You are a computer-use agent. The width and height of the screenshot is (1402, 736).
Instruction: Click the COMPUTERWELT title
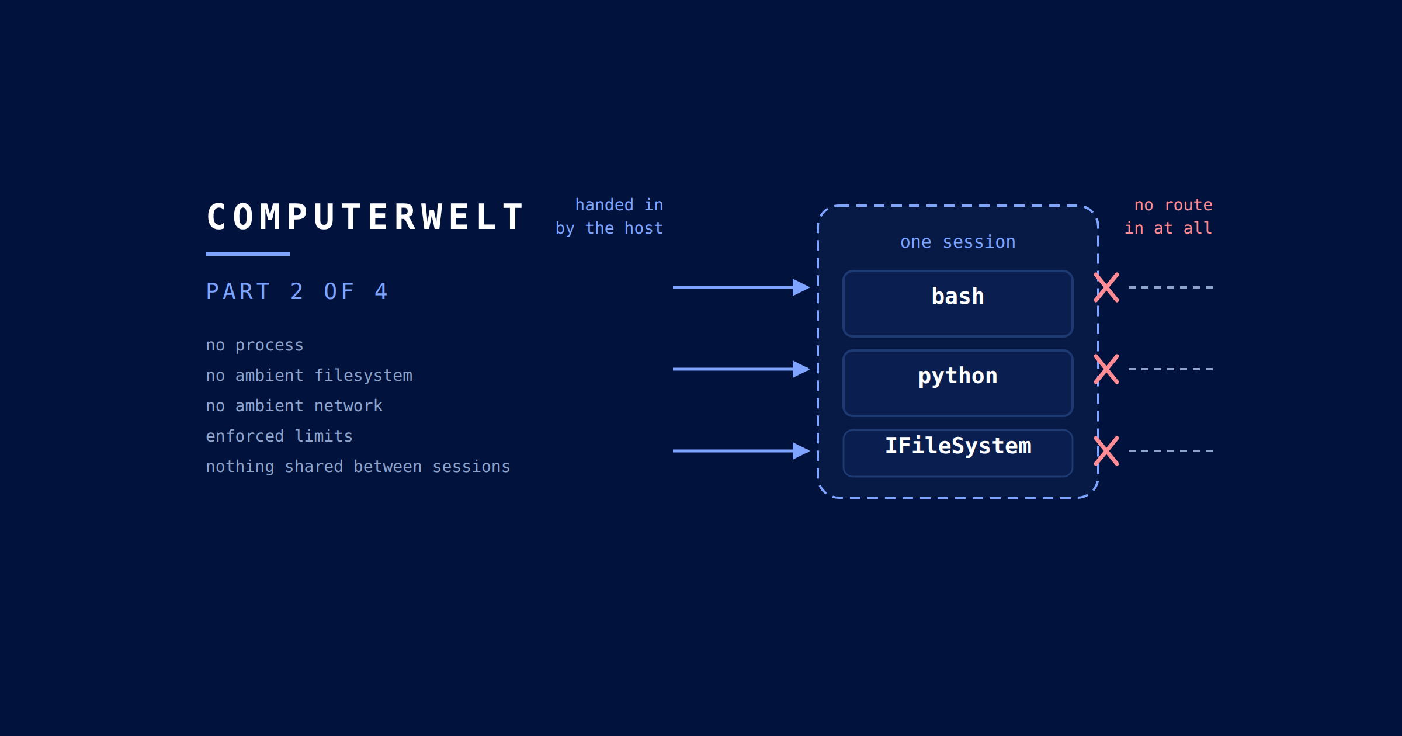point(366,217)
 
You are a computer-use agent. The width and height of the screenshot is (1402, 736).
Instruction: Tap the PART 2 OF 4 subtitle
point(297,291)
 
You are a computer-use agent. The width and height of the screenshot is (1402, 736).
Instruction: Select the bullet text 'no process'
point(255,345)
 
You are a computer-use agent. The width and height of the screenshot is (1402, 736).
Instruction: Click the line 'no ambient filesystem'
point(309,376)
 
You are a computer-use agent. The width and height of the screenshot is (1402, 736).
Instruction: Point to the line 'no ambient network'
point(294,406)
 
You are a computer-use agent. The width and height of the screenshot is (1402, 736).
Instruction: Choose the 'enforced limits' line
point(279,436)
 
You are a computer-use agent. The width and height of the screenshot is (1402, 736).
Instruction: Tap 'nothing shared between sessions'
point(358,467)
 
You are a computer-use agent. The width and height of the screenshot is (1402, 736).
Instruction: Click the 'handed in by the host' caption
point(609,217)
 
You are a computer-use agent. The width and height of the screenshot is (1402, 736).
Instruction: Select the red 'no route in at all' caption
point(1168,217)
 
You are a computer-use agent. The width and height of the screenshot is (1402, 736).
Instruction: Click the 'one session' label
point(958,242)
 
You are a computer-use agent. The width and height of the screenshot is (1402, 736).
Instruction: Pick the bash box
point(958,304)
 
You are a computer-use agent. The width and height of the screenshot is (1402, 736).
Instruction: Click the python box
point(958,383)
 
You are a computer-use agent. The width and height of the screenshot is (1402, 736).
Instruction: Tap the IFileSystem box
point(958,453)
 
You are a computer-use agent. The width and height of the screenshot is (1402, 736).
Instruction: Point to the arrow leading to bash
point(741,287)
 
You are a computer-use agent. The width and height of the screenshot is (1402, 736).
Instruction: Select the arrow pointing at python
point(741,369)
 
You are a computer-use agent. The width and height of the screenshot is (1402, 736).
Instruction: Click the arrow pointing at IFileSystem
point(741,451)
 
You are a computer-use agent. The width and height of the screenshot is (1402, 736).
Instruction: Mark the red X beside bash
point(1106,287)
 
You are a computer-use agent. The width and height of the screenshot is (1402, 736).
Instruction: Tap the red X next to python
point(1106,369)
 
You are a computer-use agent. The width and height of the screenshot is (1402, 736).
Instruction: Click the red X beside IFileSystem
point(1106,451)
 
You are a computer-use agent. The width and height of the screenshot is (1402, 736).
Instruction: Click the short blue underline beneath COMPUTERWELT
point(248,254)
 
